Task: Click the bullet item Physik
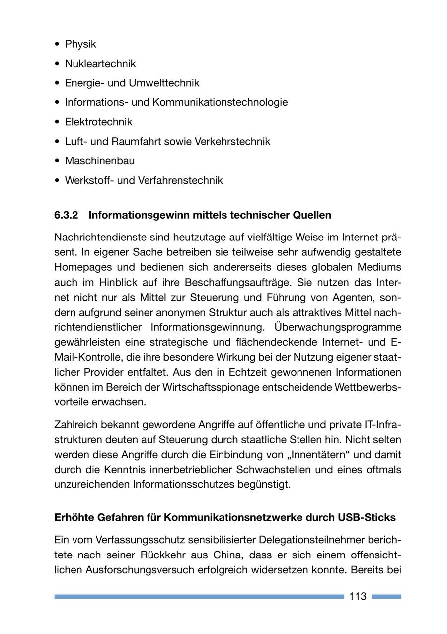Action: coord(80,44)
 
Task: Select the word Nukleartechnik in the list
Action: coord(100,64)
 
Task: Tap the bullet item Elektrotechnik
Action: coord(98,122)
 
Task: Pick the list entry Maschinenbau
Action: coord(99,161)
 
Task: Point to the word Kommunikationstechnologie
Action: coord(220,102)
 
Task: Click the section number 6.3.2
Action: coord(67,215)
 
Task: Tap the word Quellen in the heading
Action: coord(311,215)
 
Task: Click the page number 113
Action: coord(358,596)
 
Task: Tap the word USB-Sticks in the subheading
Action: coord(367,517)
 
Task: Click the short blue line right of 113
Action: coord(386,596)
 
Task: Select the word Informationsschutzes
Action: coord(188,484)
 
